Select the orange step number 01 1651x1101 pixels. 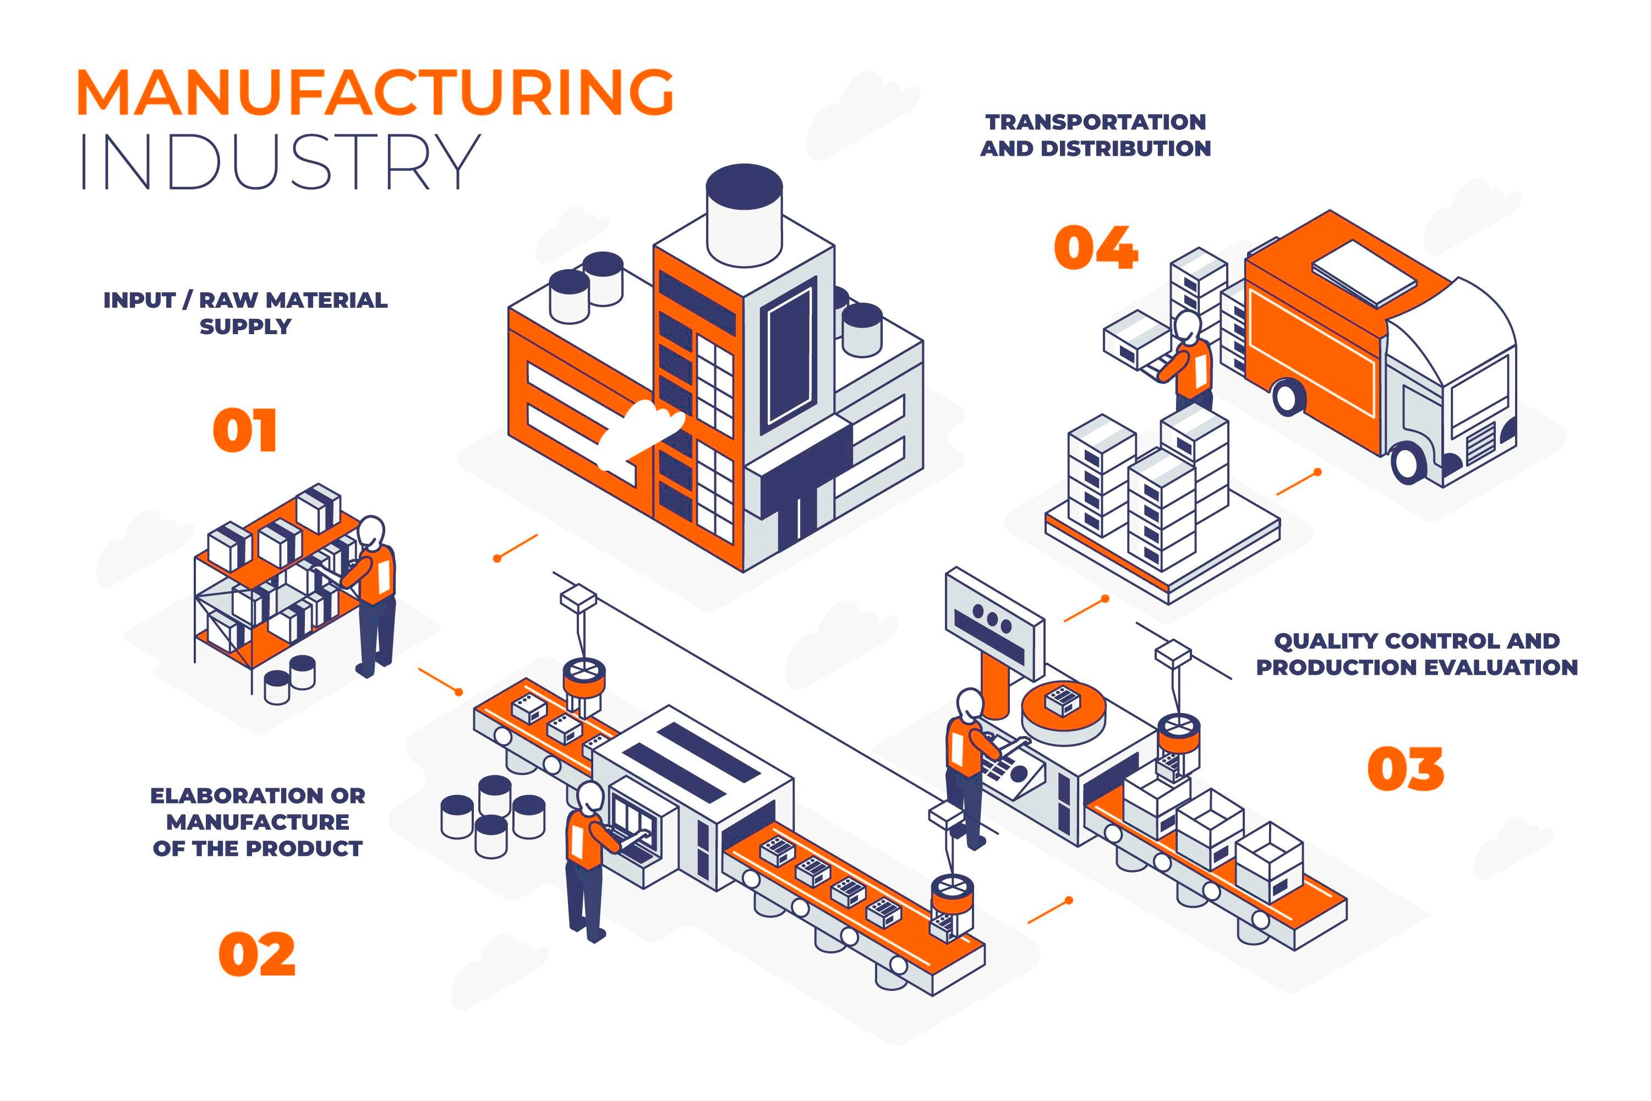coord(245,430)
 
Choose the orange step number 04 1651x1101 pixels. coord(1096,247)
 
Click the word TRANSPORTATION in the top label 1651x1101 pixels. coord(1096,122)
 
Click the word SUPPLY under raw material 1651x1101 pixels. coord(245,326)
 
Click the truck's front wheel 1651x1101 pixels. coord(1409,462)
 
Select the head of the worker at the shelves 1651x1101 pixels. coord(371,532)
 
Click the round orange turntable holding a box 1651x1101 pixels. coord(1063,713)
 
